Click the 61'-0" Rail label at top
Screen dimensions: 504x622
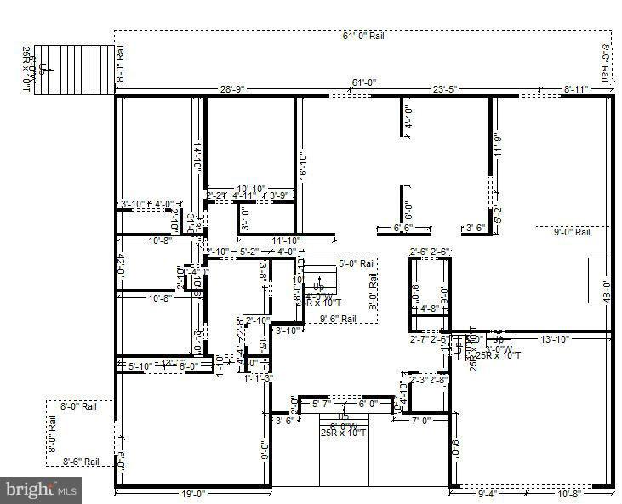363,37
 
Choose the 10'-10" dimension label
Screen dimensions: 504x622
251,188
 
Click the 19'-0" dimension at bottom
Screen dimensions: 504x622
192,493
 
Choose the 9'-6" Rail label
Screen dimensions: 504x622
338,319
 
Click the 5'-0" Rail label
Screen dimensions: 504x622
357,263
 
